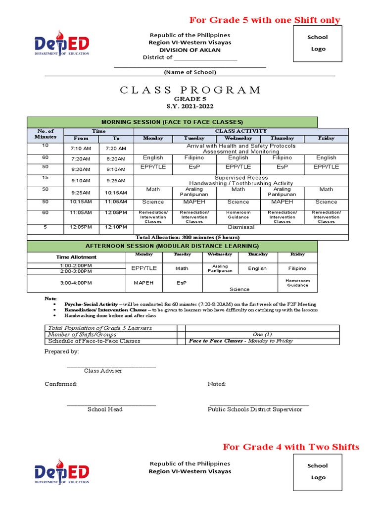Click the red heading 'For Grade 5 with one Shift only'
[x=265, y=20]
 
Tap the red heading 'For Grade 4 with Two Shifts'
[x=291, y=447]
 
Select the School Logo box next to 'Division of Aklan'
[x=317, y=43]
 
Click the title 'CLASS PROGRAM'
[x=190, y=90]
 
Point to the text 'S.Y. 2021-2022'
[x=190, y=106]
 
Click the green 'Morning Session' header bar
[x=172, y=122]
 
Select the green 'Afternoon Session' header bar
[x=172, y=246]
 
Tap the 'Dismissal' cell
[x=241, y=227]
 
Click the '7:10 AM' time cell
[x=81, y=149]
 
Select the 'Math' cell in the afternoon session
[x=182, y=268]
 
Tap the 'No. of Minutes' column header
[x=45, y=134]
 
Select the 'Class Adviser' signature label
[x=103, y=370]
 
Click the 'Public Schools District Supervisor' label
[x=255, y=409]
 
